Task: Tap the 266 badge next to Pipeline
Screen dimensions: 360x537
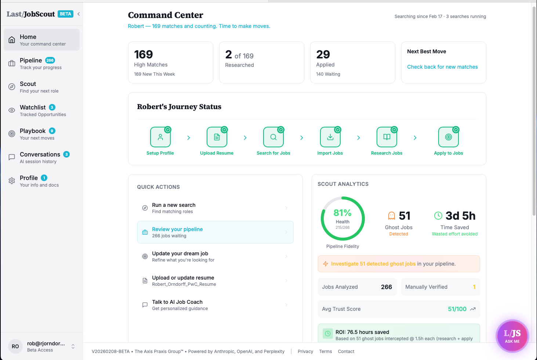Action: coord(50,60)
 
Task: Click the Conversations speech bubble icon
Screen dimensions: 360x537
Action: coord(12,157)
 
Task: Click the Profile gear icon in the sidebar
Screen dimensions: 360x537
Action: coord(12,181)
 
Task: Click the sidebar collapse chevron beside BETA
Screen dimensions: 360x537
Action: coord(79,14)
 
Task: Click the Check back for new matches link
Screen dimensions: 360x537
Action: coord(442,67)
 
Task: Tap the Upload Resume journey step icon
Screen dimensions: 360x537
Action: coord(217,137)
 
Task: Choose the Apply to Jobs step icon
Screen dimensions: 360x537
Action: coord(448,137)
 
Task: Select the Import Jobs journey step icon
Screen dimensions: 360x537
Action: coord(330,137)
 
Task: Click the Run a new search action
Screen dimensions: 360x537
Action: coord(215,208)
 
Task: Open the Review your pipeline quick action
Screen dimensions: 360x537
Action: coord(215,232)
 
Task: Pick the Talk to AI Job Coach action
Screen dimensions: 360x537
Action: coord(215,305)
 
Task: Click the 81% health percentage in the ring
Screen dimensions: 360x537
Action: coord(342,213)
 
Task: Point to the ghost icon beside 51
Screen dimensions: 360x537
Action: coord(392,216)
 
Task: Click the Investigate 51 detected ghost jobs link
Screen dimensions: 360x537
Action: coord(373,264)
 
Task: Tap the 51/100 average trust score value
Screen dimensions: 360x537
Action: coord(457,309)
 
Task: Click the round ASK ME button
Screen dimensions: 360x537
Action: coord(512,336)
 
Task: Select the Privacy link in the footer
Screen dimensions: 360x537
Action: coord(305,352)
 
